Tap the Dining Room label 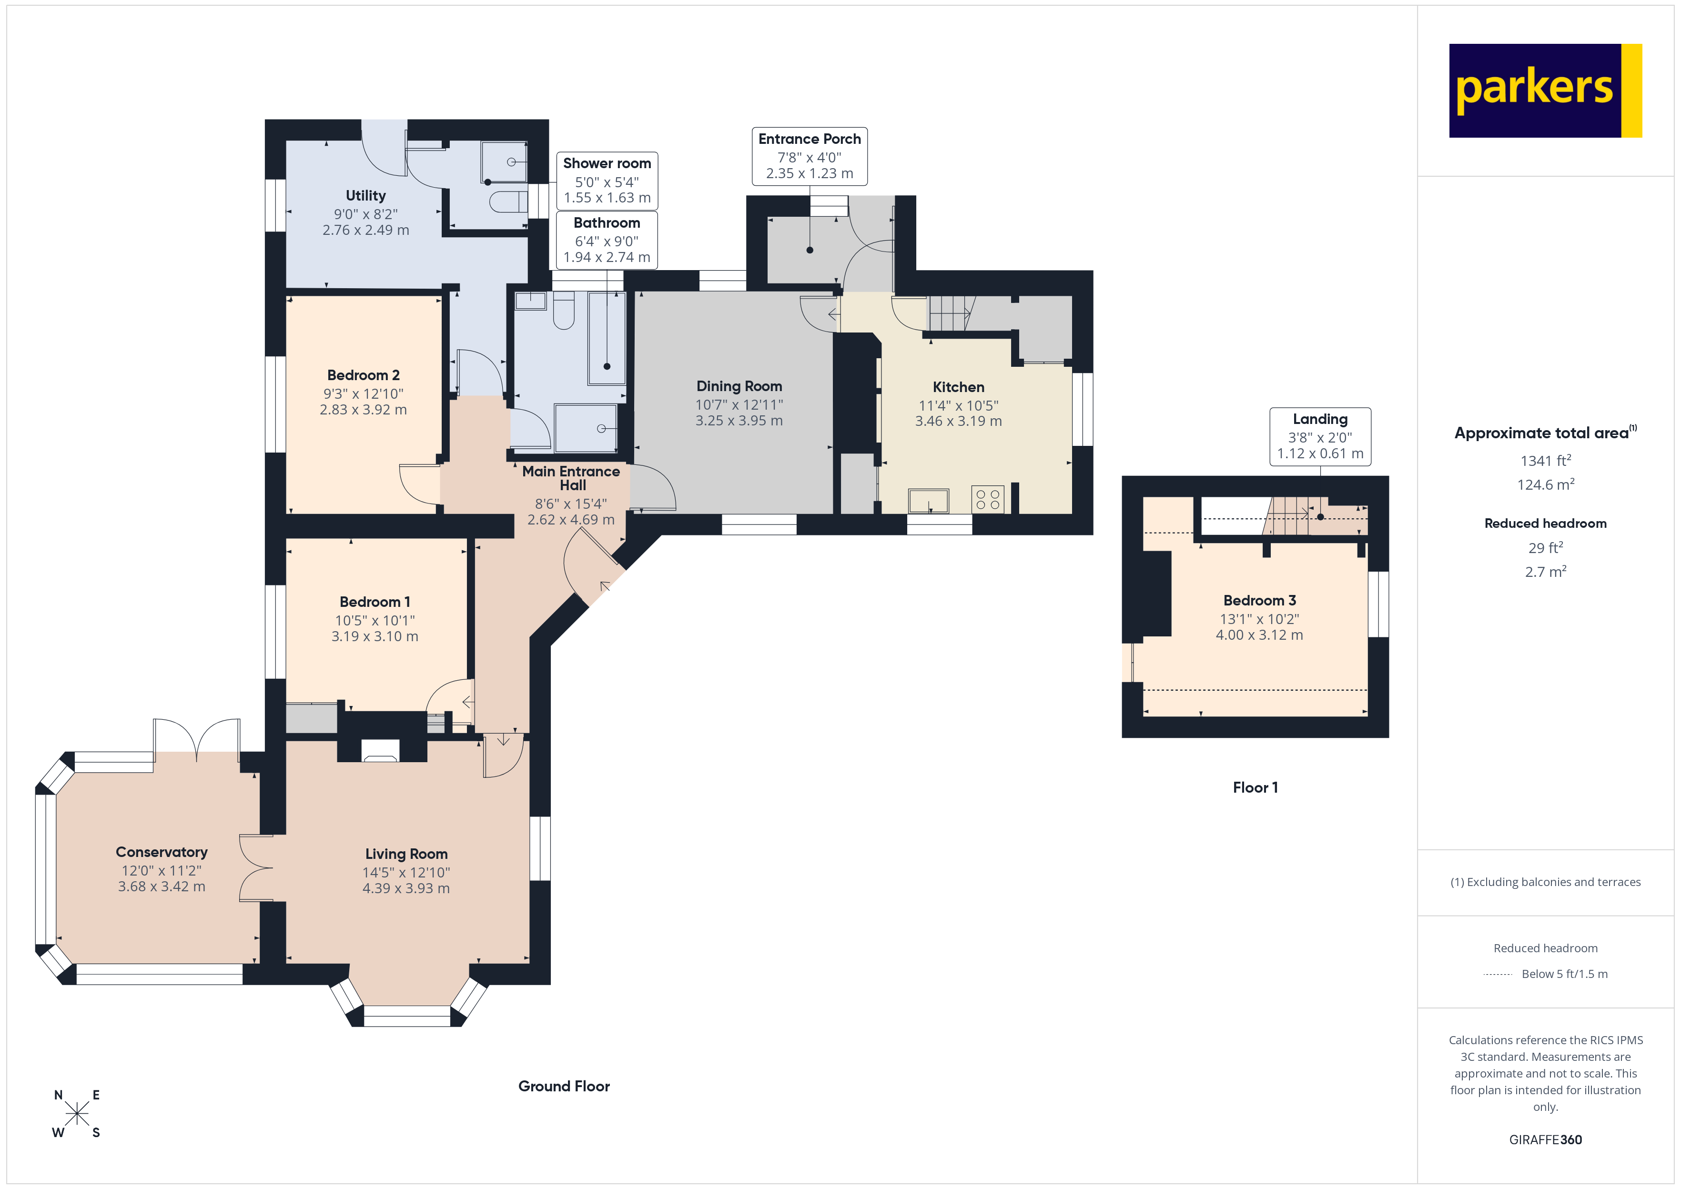tap(739, 386)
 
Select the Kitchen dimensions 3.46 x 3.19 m tap(958, 421)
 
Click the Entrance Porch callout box tap(809, 156)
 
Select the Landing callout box tap(1319, 436)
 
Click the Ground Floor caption tap(564, 1086)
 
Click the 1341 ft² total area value tap(1545, 461)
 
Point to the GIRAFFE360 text tap(1545, 1139)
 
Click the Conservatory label tap(161, 852)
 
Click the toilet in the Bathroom tap(563, 311)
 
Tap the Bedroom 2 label tap(363, 375)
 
